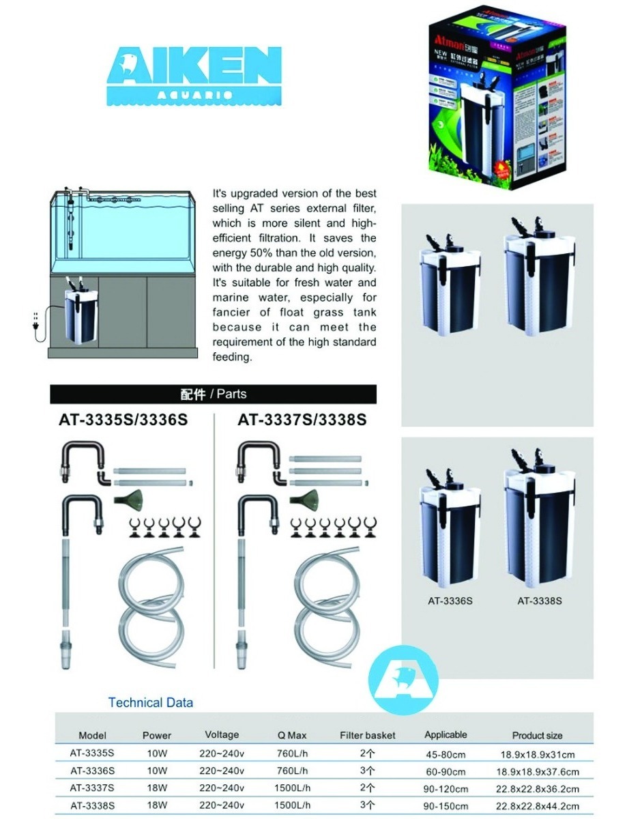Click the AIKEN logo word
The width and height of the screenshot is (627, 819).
pos(194,66)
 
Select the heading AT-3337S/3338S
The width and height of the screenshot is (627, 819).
pos(302,420)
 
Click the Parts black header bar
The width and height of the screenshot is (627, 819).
pos(213,394)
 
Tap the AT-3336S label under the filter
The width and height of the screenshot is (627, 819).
pos(450,601)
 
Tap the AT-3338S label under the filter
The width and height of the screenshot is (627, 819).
pos(539,601)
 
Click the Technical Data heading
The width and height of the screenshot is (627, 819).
pos(150,702)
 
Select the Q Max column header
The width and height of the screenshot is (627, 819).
pos(292,735)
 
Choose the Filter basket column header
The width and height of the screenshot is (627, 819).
pos(368,735)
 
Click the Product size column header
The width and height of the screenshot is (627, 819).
pos(537,735)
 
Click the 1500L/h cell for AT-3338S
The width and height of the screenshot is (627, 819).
pos(292,805)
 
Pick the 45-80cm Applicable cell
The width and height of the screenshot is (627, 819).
pos(445,754)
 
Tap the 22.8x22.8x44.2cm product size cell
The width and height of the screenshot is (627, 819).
pos(537,805)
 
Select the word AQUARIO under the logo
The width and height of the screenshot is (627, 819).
pos(194,94)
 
